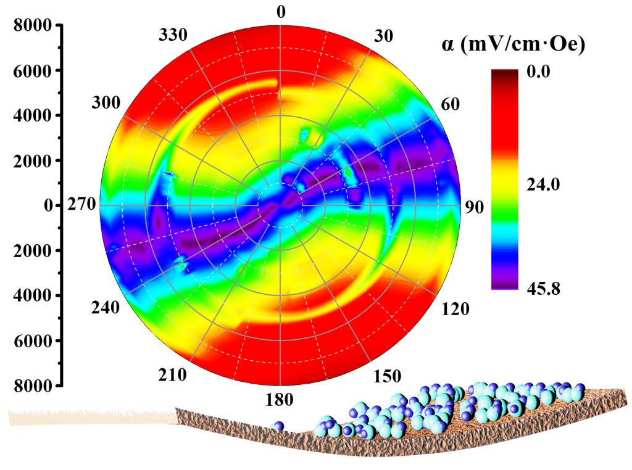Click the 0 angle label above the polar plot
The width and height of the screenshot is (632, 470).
(x=281, y=12)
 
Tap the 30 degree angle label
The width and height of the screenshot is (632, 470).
(x=383, y=36)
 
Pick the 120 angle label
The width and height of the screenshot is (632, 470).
(x=455, y=308)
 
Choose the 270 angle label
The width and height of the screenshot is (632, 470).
(x=82, y=205)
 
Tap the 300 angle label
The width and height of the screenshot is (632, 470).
(x=106, y=103)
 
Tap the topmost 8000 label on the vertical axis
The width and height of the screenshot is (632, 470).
(x=34, y=26)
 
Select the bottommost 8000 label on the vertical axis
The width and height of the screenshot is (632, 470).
(x=34, y=385)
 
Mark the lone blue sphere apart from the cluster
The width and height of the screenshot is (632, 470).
(x=279, y=426)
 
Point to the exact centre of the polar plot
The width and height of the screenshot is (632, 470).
(x=281, y=205)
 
